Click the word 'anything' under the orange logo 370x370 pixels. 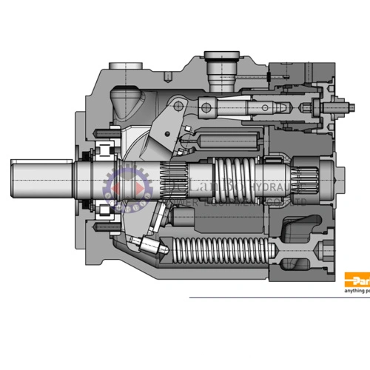pos(354,292)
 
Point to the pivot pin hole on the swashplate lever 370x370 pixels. pos(178,108)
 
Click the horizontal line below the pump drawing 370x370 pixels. pos(259,297)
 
